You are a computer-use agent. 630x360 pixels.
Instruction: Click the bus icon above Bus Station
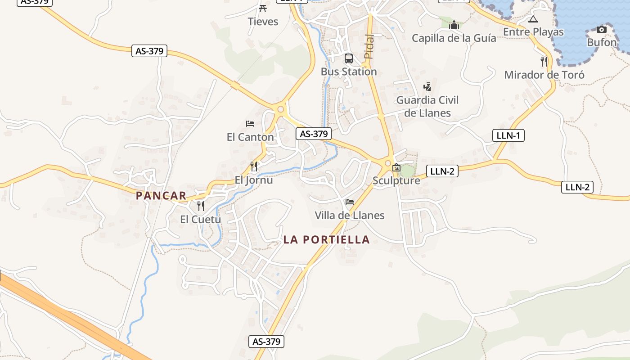[x=349, y=58]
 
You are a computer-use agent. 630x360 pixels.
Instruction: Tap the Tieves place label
[x=263, y=21]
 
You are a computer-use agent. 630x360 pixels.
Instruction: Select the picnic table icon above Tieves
[x=263, y=8]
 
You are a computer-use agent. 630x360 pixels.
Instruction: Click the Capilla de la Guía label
[x=454, y=38]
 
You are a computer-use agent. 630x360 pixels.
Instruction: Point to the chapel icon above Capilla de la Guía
[x=454, y=25]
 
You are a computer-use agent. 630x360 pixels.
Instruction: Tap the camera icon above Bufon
[x=601, y=30]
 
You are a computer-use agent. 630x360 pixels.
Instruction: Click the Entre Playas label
[x=533, y=32]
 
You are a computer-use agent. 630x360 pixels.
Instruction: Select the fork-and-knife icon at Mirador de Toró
[x=544, y=62]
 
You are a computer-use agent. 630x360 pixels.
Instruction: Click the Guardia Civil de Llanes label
[x=427, y=106]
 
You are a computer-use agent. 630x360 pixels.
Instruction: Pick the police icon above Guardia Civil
[x=427, y=86]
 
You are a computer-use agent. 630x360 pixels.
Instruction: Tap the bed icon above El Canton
[x=250, y=123]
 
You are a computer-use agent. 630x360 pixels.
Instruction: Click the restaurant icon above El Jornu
[x=254, y=166]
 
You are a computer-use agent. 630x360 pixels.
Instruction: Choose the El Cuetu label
[x=201, y=219]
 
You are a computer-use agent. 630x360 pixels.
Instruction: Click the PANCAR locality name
[x=161, y=195]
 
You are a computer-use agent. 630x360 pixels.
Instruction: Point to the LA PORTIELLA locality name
[x=327, y=239]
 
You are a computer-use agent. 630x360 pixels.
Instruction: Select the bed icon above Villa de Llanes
[x=350, y=202]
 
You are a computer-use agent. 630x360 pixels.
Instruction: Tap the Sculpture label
[x=396, y=180]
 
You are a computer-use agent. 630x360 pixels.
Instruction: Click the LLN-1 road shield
[x=508, y=135]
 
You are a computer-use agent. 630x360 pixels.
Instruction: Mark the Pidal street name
[x=369, y=46]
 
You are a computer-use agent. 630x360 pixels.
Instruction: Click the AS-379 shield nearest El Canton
[x=314, y=134]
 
